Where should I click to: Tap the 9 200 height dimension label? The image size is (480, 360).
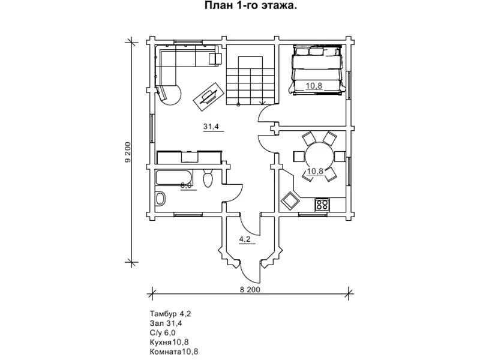click(x=128, y=152)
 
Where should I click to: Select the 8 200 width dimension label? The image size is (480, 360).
click(x=250, y=289)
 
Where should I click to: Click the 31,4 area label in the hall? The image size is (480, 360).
click(x=211, y=127)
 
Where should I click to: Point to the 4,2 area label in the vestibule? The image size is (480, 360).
click(x=245, y=239)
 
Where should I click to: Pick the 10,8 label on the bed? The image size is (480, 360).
click(x=314, y=86)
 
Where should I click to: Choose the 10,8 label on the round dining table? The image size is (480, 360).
click(x=315, y=171)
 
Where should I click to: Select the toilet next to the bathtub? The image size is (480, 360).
click(x=208, y=179)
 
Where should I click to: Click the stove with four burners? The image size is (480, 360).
click(x=322, y=204)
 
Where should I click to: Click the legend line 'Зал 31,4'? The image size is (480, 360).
click(x=166, y=323)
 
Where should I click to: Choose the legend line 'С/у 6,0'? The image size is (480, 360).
click(x=163, y=332)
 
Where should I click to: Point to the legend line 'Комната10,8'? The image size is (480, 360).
click(x=174, y=352)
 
